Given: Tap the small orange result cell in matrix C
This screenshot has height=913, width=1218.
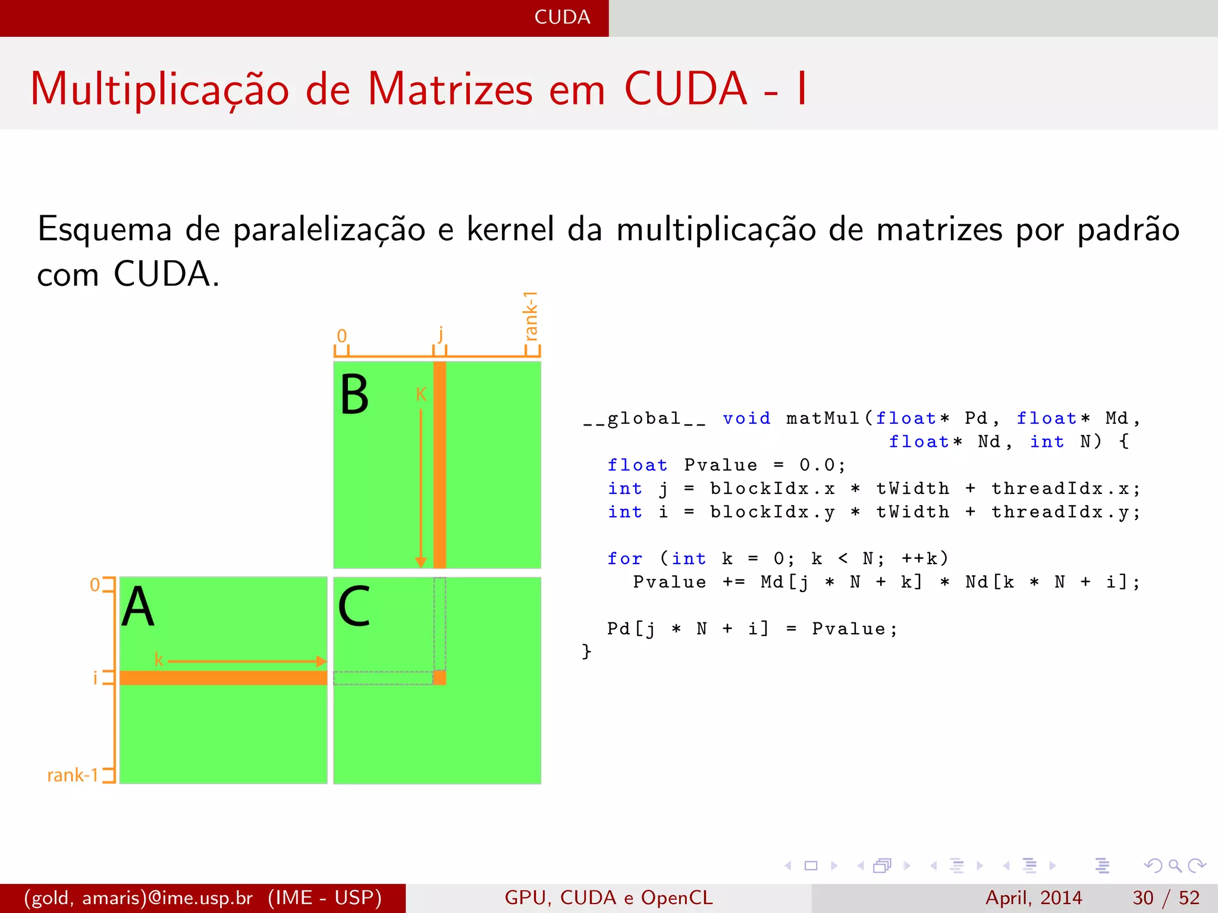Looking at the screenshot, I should (440, 678).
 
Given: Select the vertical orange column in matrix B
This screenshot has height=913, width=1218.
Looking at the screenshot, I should (440, 464).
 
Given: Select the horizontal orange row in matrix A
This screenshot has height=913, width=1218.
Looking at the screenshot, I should (223, 678).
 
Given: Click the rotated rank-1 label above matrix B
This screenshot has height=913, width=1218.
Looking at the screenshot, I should (530, 316).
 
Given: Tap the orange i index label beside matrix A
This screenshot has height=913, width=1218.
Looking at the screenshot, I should (95, 678).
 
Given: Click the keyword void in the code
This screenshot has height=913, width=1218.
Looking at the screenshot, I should (746, 418).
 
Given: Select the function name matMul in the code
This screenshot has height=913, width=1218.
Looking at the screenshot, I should (823, 418).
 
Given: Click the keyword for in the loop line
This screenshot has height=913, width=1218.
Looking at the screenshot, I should (624, 559).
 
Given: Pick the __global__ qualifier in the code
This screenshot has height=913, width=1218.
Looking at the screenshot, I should (644, 418).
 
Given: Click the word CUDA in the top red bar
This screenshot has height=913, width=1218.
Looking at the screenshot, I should (562, 17).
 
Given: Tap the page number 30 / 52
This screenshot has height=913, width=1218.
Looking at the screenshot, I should (1166, 898).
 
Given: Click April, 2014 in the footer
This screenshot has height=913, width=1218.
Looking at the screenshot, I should (1034, 898).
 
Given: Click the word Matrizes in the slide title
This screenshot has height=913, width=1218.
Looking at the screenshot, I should (450, 89).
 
